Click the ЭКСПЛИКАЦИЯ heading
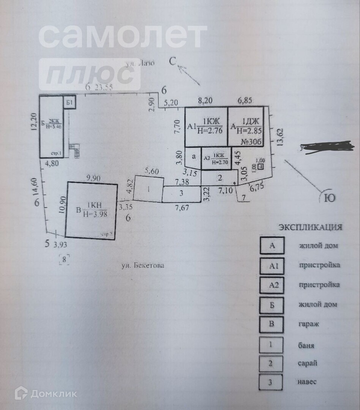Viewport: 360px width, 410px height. pyautogui.click(x=311, y=227)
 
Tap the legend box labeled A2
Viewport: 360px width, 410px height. pyautogui.click(x=272, y=285)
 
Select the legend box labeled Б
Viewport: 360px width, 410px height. pyautogui.click(x=272, y=304)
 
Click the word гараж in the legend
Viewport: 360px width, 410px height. pyautogui.click(x=308, y=324)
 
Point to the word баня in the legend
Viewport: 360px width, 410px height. pyautogui.click(x=306, y=345)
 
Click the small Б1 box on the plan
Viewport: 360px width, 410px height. pyautogui.click(x=69, y=103)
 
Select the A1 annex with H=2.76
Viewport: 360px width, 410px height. pyautogui.click(x=206, y=127)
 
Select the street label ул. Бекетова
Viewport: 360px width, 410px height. pyautogui.click(x=143, y=266)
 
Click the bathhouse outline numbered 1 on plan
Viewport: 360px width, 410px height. pyautogui.click(x=148, y=189)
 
